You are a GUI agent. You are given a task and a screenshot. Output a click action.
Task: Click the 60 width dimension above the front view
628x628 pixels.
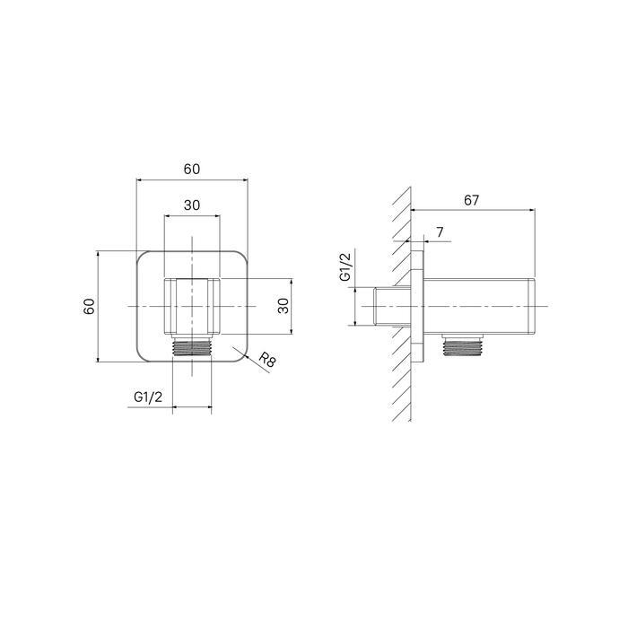coord(192,170)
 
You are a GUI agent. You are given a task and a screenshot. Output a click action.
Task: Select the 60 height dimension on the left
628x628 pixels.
coord(89,307)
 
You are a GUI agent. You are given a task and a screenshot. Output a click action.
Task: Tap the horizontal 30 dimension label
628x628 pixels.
coord(192,205)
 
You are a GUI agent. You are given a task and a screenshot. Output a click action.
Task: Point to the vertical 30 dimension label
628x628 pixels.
coord(283,307)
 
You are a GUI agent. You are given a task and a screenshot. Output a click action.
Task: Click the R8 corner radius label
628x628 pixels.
coord(266,359)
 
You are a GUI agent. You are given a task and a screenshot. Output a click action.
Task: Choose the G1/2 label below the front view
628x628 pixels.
coord(148,397)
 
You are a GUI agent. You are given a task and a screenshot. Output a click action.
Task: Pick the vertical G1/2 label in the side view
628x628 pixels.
coord(345,267)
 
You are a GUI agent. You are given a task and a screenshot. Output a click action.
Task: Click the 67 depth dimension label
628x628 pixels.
coord(471,200)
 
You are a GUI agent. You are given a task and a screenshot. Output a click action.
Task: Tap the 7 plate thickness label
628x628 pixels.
coord(440,232)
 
